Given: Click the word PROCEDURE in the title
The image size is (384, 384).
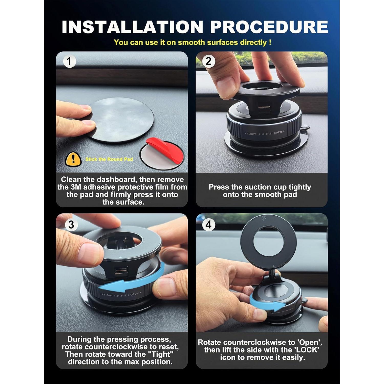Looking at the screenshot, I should pyautogui.click(x=269, y=27).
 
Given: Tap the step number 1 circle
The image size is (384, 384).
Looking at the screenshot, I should pyautogui.click(x=69, y=61).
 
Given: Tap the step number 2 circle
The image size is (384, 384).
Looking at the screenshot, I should pyautogui.click(x=208, y=61).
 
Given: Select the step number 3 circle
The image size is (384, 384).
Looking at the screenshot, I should pyautogui.click(x=71, y=225).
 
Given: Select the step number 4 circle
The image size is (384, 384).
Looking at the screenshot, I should pyautogui.click(x=208, y=225).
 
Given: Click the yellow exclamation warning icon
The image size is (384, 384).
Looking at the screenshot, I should pyautogui.click(x=73, y=159).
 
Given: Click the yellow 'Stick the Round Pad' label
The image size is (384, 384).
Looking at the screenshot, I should pyautogui.click(x=109, y=159).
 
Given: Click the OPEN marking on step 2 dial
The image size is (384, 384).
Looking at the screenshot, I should pyautogui.click(x=278, y=133).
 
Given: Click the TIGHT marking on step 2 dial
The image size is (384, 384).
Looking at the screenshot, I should pyautogui.click(x=251, y=134).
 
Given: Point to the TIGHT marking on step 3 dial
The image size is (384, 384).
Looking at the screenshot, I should pyautogui.click(x=108, y=295).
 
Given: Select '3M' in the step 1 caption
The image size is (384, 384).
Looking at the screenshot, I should pyautogui.click(x=76, y=187).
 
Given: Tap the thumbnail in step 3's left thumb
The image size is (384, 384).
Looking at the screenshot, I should pyautogui.click(x=88, y=252).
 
